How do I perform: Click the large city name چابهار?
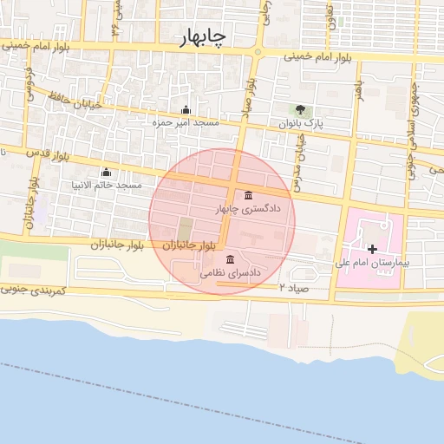[x=203, y=37]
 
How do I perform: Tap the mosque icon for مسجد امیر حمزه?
[x=185, y=110]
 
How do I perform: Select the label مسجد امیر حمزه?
[x=186, y=123]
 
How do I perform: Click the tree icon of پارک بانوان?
[x=300, y=110]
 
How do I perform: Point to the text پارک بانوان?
[x=301, y=124]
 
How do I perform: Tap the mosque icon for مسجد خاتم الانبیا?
[x=106, y=172]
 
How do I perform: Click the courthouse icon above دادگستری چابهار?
[x=249, y=194]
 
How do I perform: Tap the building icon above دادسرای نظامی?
[x=230, y=258]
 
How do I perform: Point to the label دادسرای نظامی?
[x=230, y=272]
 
